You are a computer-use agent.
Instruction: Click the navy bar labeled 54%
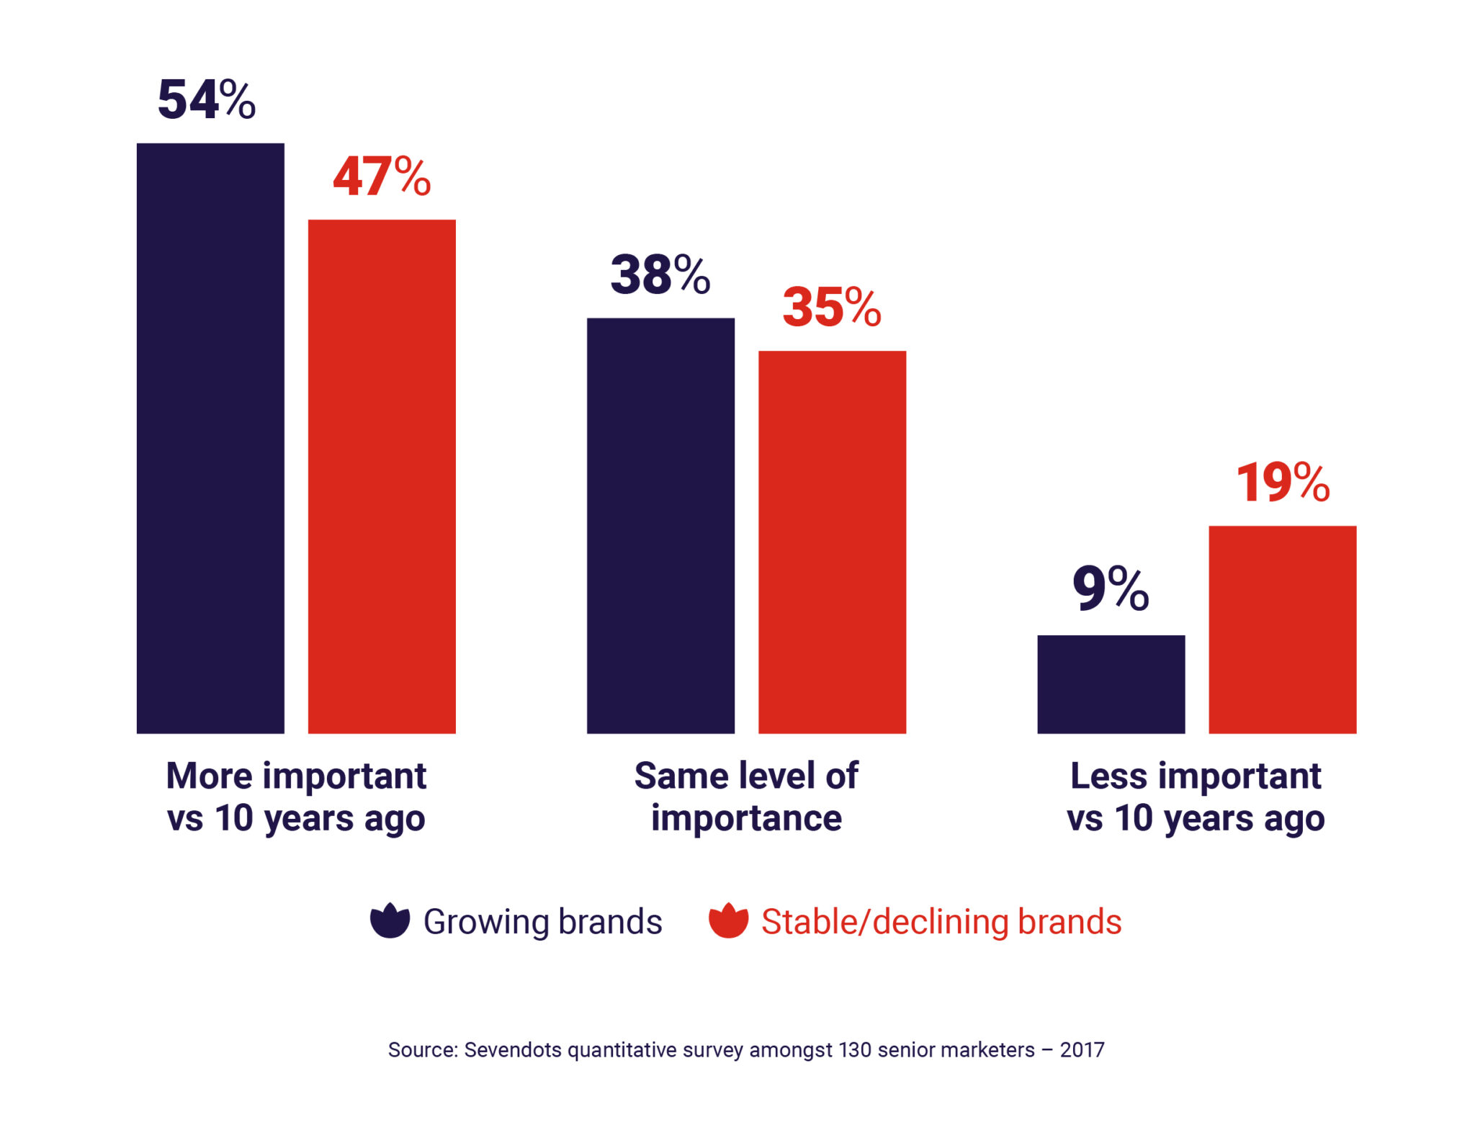tap(210, 438)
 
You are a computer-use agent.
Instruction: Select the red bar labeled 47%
tap(382, 476)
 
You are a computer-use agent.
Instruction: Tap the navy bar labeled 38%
tap(660, 525)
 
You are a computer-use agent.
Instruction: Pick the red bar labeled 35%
tap(832, 542)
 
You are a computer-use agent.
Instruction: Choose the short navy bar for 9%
tap(1111, 684)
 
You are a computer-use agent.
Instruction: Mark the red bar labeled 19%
tap(1282, 629)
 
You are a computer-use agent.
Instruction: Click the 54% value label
tap(207, 99)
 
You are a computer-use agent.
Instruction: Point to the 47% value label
tap(382, 176)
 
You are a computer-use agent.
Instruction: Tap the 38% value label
tap(660, 274)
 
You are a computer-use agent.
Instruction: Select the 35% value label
tap(832, 308)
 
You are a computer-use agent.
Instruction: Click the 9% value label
tap(1111, 588)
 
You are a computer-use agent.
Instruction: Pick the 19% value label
tap(1283, 482)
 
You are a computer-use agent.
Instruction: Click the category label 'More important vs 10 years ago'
tap(296, 797)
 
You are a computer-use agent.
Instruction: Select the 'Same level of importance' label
tap(746, 797)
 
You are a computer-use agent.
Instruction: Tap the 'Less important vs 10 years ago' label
tap(1196, 797)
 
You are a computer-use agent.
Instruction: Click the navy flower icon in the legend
tap(390, 920)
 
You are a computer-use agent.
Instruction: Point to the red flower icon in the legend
tap(728, 920)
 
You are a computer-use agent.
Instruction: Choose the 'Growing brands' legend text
tap(542, 922)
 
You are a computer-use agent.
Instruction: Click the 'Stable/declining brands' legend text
tap(941, 922)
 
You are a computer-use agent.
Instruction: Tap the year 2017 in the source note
tap(1082, 1049)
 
